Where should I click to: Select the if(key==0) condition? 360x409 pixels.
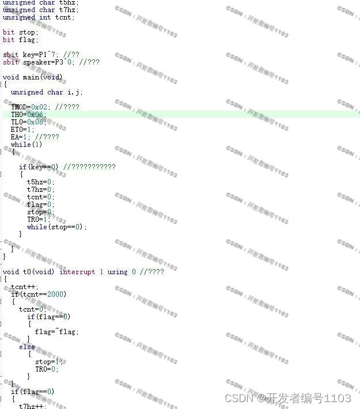[39, 167]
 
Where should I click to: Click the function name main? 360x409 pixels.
[32, 77]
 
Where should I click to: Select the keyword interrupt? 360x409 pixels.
[77, 272]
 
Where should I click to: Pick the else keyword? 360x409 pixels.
[27, 347]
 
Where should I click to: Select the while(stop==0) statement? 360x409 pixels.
[56, 227]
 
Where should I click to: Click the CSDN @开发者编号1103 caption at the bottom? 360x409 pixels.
[287, 399]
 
